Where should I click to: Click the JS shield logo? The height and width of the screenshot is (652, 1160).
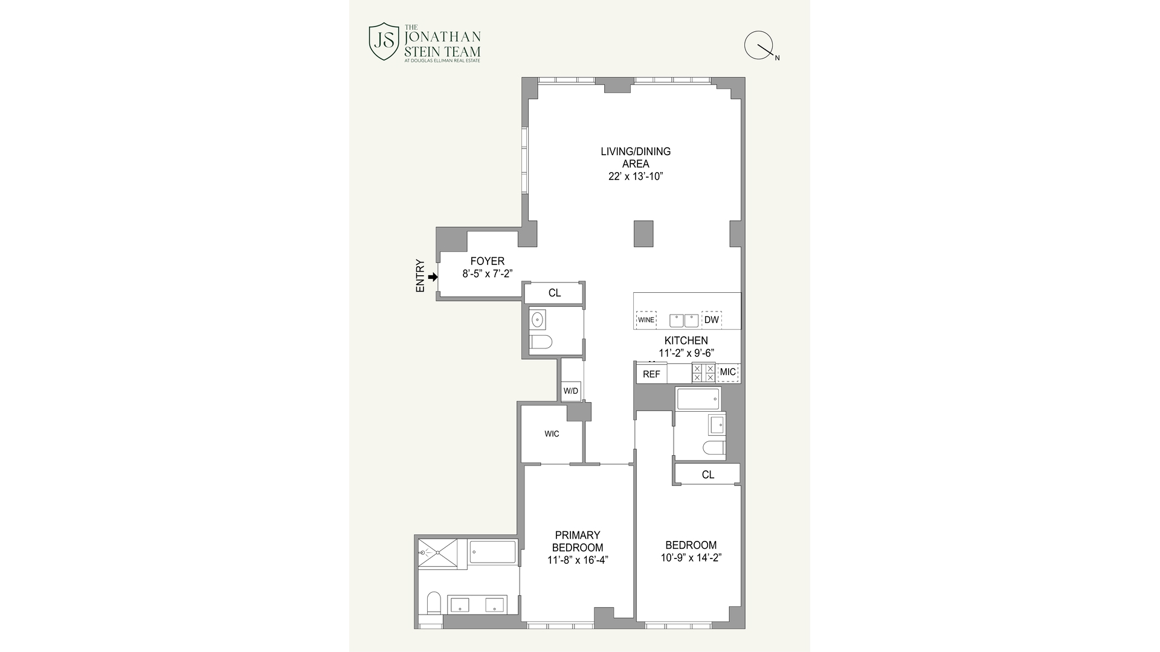[384, 42]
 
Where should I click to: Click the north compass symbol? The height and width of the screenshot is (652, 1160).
[759, 46]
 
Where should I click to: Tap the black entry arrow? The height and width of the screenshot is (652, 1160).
[433, 277]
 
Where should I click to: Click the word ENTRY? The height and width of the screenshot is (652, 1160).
[420, 276]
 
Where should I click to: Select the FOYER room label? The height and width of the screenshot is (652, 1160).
[487, 261]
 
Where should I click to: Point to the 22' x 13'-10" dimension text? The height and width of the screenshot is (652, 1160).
[636, 177]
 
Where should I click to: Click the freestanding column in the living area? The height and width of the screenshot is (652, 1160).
[643, 234]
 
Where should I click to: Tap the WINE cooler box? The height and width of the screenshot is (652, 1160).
[646, 320]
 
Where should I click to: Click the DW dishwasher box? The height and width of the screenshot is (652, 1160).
[712, 320]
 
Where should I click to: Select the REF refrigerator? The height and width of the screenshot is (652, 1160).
[651, 374]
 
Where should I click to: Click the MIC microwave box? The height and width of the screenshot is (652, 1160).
[728, 372]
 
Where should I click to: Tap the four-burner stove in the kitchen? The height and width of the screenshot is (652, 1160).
[704, 372]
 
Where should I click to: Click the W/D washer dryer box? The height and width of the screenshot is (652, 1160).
[571, 391]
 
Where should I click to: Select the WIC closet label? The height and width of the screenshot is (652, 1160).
[552, 434]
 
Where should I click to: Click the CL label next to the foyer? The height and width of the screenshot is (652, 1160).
[554, 293]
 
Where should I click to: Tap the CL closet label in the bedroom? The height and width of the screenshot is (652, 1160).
[707, 475]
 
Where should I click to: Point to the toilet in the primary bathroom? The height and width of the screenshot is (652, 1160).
[434, 602]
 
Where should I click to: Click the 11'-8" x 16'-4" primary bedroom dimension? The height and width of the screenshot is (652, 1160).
[577, 560]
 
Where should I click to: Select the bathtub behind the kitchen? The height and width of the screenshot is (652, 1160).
[698, 399]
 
